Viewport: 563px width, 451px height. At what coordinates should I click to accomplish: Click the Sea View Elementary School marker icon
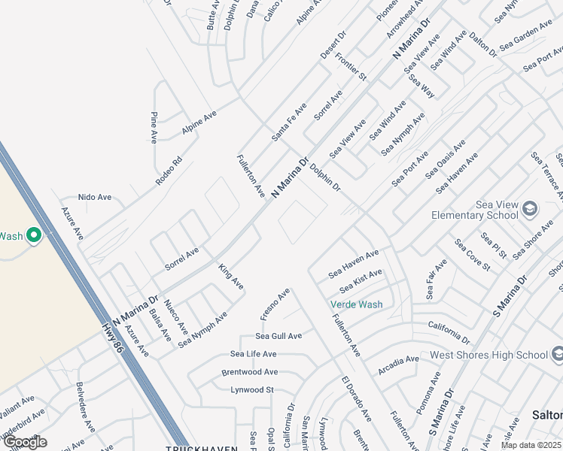(x=530, y=208)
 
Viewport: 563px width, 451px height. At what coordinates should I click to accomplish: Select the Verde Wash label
(x=356, y=304)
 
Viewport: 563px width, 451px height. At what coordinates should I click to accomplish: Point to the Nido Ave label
(x=95, y=197)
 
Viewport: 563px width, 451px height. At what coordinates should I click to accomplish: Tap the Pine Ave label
(x=154, y=128)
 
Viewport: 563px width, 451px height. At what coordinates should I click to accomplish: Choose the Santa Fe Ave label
(x=289, y=122)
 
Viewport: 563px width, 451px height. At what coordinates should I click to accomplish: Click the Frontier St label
(x=351, y=66)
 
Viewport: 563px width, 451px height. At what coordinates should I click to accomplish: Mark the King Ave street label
(x=231, y=277)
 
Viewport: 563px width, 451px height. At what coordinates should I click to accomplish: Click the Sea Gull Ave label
(x=278, y=336)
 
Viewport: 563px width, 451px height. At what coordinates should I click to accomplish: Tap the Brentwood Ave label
(x=250, y=372)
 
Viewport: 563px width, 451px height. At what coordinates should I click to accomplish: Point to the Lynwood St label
(x=252, y=389)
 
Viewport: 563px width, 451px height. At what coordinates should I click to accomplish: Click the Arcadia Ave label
(x=399, y=363)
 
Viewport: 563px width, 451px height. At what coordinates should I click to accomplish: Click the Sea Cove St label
(x=472, y=255)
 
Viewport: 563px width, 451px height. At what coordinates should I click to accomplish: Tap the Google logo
(x=25, y=443)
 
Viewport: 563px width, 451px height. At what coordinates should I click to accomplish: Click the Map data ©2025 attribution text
(x=531, y=445)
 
